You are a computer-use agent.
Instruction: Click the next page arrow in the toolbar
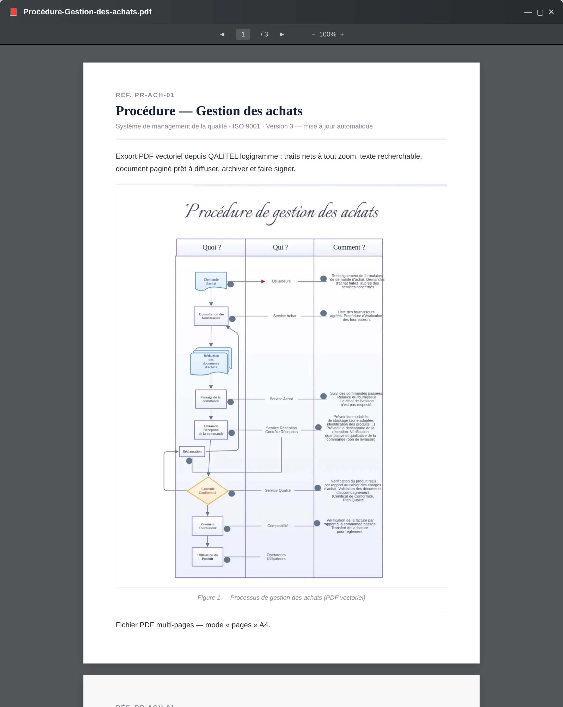pyautogui.click(x=281, y=34)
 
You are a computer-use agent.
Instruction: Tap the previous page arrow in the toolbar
pyautogui.click(x=222, y=34)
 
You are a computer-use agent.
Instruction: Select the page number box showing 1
pyautogui.click(x=243, y=34)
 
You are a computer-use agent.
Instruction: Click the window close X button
pyautogui.click(x=551, y=12)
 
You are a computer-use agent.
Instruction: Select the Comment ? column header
pyautogui.click(x=348, y=247)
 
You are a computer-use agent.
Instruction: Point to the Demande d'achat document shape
pyautogui.click(x=211, y=281)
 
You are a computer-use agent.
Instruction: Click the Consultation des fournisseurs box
pyautogui.click(x=211, y=316)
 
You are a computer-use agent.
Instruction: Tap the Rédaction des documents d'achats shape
pyautogui.click(x=211, y=361)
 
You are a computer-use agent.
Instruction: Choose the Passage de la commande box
pyautogui.click(x=211, y=399)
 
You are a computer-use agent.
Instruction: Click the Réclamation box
pyautogui.click(x=192, y=451)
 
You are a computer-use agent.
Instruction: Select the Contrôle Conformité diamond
pyautogui.click(x=207, y=491)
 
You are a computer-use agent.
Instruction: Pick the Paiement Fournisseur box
pyautogui.click(x=207, y=526)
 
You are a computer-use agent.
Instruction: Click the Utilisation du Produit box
pyautogui.click(x=207, y=557)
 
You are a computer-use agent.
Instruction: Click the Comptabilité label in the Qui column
pyautogui.click(x=278, y=526)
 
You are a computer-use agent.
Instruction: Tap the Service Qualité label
pyautogui.click(x=278, y=491)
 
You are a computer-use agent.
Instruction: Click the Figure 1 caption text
pyautogui.click(x=281, y=598)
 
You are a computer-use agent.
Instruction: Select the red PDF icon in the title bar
pyautogui.click(x=13, y=12)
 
